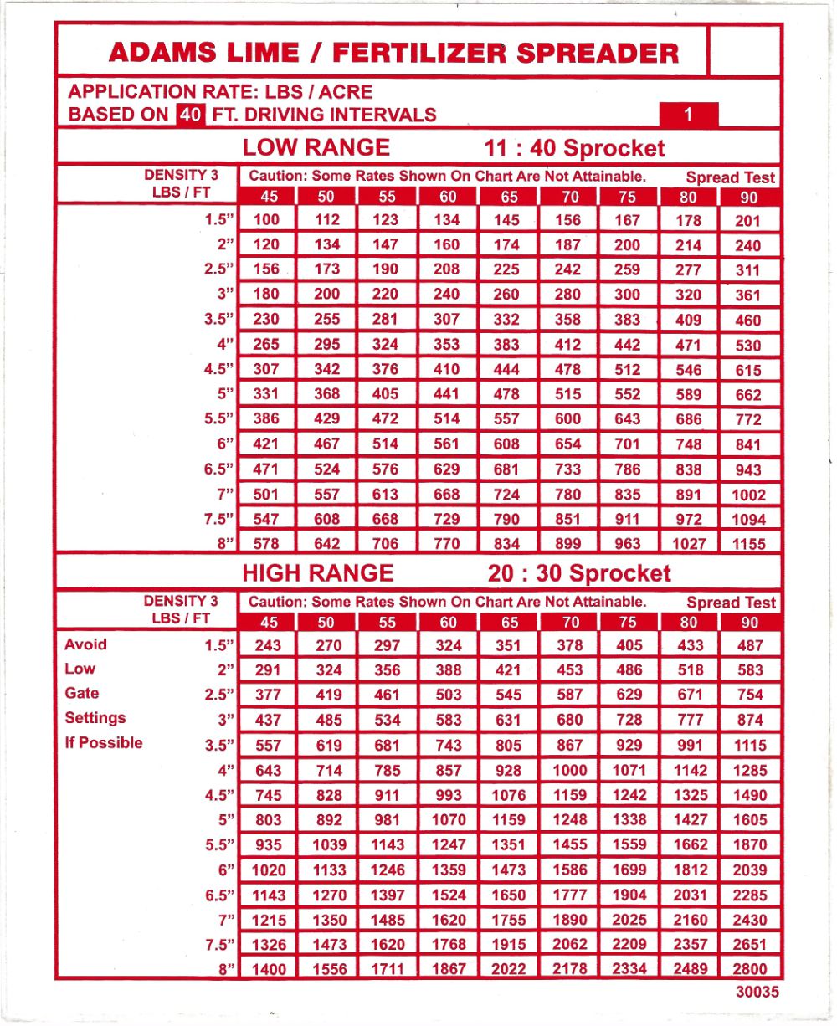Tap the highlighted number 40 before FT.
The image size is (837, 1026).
(189, 115)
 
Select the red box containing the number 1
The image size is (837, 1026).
(688, 115)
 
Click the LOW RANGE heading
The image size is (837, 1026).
(316, 148)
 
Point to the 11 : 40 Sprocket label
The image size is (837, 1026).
(575, 149)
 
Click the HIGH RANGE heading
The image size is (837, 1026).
(317, 573)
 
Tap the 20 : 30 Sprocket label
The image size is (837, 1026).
(578, 573)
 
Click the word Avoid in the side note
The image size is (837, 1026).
(86, 644)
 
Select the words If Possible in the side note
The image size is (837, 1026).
(104, 743)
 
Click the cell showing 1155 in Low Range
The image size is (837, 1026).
(748, 544)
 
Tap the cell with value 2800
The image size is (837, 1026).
(749, 969)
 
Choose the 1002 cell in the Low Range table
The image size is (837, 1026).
(748, 495)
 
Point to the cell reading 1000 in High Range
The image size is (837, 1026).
(569, 771)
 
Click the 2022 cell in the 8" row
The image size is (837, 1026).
(508, 969)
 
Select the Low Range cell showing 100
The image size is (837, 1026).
(266, 220)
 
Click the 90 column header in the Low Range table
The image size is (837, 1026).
(748, 198)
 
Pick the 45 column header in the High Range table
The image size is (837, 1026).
(269, 622)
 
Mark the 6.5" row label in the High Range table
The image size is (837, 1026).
(220, 895)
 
